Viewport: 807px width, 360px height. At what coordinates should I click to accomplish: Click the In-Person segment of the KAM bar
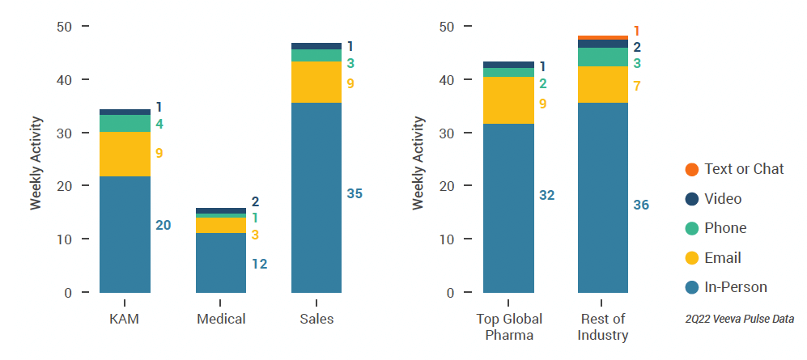click(125, 234)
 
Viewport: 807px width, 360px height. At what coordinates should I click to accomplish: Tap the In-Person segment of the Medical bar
click(221, 262)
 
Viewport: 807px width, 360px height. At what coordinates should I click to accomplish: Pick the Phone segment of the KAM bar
click(125, 123)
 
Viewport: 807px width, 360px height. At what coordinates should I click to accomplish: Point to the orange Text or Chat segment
click(604, 37)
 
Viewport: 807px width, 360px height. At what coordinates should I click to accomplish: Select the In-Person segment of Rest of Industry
click(604, 197)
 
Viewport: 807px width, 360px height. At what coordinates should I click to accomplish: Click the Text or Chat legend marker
click(691, 169)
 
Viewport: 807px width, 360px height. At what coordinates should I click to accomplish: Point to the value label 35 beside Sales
click(355, 194)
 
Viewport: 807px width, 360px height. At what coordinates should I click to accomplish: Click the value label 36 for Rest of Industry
click(641, 205)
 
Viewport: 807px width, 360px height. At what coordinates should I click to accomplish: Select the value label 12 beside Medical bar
click(259, 264)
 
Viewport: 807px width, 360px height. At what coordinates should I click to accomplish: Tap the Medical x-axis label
click(221, 319)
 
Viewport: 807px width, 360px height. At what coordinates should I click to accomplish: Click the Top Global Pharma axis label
click(508, 327)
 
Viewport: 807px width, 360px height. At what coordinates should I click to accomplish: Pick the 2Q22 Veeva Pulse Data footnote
click(739, 320)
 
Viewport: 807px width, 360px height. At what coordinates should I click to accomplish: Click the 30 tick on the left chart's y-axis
click(66, 133)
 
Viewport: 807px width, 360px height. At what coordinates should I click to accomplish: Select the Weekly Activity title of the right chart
click(418, 163)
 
